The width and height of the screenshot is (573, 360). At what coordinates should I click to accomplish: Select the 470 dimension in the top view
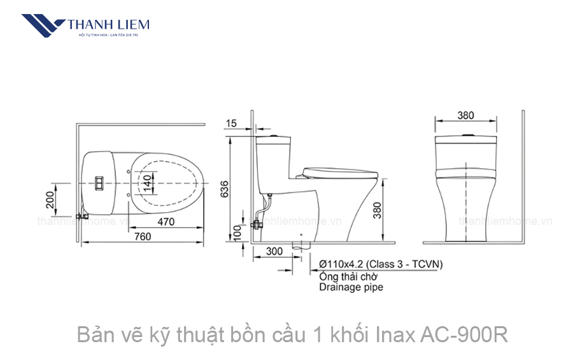coord(166,222)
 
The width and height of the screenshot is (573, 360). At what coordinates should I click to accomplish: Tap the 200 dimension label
coord(50,200)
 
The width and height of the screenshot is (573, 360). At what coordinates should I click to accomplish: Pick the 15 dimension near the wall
coord(231,123)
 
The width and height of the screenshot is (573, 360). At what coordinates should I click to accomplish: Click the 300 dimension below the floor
coord(274,252)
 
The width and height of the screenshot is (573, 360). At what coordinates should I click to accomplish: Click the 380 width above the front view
coord(465,115)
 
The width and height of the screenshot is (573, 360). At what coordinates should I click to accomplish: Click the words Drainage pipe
coord(351,287)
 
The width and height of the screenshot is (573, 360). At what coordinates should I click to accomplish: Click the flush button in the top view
coord(99,182)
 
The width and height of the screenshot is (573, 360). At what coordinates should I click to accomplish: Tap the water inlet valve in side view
coord(257,224)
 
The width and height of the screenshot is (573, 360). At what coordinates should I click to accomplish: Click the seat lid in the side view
coord(340,170)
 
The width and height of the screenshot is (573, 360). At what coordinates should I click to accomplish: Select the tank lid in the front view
coord(466,138)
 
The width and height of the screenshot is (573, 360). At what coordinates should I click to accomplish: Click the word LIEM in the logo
coord(132,25)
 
